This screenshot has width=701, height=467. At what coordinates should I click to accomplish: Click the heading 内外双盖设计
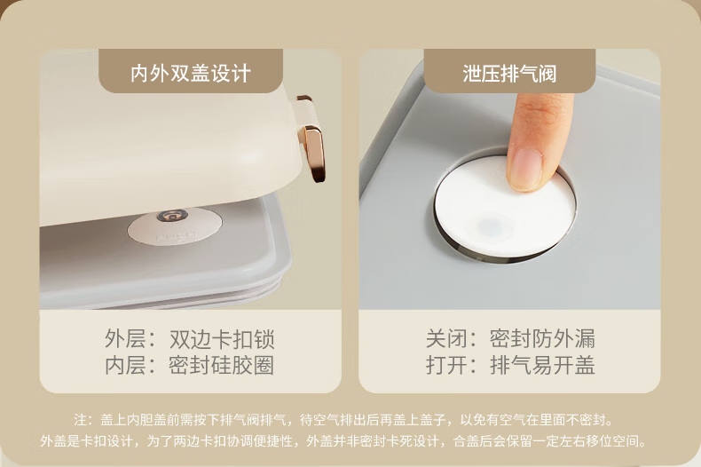(x=191, y=73)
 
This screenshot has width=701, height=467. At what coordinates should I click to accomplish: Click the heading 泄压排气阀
(x=509, y=73)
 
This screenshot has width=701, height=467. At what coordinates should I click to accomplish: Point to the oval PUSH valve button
(x=175, y=226)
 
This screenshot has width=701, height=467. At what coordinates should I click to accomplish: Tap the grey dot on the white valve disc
(x=491, y=226)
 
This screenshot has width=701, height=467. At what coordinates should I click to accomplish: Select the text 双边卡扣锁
(x=222, y=339)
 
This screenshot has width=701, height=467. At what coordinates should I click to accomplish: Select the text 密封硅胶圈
(x=222, y=365)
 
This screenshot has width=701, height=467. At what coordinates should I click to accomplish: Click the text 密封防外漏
(x=542, y=338)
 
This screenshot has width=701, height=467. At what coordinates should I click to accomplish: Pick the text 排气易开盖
(x=542, y=365)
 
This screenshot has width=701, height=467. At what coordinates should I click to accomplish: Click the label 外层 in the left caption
(x=125, y=339)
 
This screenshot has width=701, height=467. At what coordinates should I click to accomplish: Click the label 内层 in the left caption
(x=125, y=365)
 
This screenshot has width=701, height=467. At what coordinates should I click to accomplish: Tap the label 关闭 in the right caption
(x=446, y=338)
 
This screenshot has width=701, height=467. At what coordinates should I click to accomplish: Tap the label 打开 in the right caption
(x=446, y=365)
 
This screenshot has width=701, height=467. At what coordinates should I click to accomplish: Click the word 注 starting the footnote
(x=81, y=420)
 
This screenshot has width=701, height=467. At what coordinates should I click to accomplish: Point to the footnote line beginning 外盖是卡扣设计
(x=343, y=441)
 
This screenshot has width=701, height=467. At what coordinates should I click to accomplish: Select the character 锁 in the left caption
(x=264, y=339)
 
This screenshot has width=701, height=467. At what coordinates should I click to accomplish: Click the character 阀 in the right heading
(x=547, y=73)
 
